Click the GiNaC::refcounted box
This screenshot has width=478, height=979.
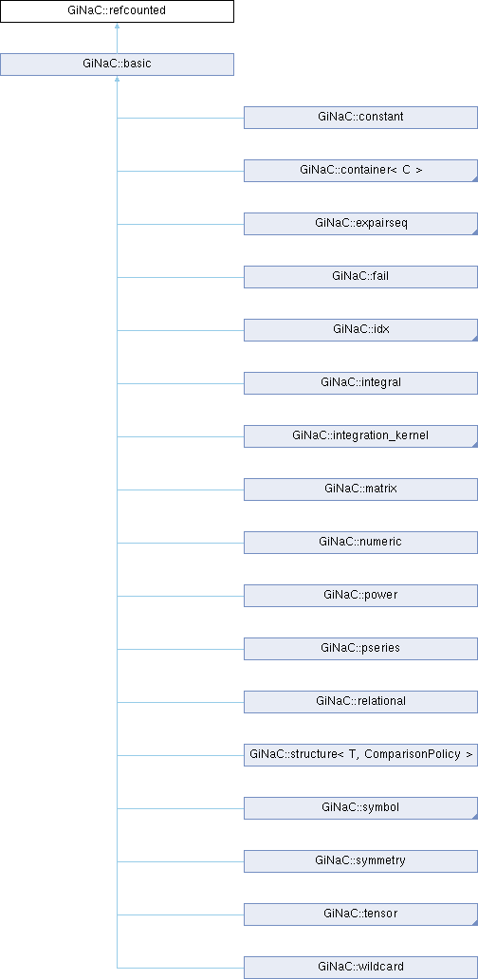click(117, 11)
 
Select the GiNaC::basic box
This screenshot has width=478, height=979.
click(117, 65)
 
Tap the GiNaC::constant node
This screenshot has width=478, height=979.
click(360, 118)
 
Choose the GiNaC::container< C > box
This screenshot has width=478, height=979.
click(360, 171)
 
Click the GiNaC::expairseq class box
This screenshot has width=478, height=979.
click(360, 224)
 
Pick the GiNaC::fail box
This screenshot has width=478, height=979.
click(360, 277)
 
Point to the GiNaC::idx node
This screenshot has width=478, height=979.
click(360, 330)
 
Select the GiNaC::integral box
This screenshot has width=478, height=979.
click(360, 382)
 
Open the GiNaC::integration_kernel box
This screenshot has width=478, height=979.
click(360, 435)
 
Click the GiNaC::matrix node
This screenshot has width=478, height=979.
click(360, 489)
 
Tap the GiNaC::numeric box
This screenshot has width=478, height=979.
click(360, 542)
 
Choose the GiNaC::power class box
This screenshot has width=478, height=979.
click(360, 595)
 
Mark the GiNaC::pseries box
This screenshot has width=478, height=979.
click(360, 648)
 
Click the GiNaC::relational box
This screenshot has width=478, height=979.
click(360, 701)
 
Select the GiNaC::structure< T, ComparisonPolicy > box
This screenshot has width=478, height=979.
click(360, 754)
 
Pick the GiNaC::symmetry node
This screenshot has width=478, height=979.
click(360, 860)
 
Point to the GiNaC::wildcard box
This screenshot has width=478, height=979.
click(360, 967)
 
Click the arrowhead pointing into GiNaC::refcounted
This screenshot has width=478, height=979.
click(117, 27)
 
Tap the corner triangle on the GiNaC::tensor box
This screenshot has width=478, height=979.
click(475, 921)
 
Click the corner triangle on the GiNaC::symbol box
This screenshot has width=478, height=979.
click(475, 816)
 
